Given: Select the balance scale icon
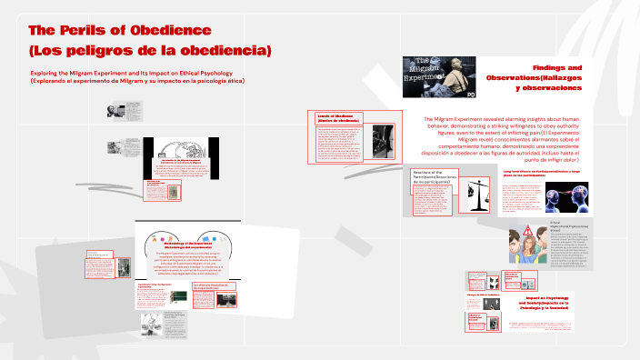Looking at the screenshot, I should click(475, 194).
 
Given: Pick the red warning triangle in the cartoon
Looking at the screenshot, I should click(529, 231).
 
